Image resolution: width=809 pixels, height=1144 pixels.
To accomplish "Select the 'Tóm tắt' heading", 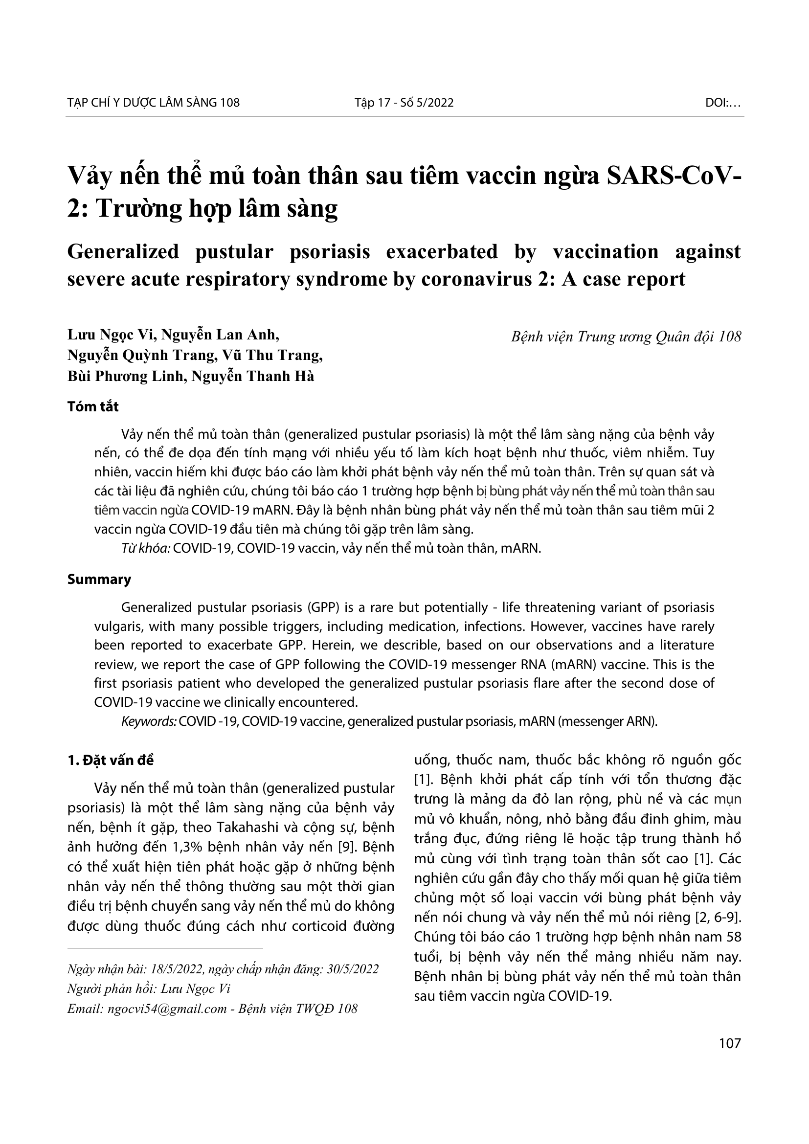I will [93, 406].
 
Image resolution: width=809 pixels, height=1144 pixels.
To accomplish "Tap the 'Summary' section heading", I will [99, 579].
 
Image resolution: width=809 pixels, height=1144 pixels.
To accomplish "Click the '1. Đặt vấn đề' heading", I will [111, 761].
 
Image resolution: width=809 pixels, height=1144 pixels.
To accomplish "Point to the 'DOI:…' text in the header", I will [723, 103].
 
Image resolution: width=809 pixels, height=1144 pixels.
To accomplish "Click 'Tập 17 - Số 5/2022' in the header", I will [404, 103].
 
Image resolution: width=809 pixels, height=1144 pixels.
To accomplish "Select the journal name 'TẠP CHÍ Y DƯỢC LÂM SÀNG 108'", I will [154, 103].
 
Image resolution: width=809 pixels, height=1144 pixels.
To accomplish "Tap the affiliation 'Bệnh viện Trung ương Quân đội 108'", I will [626, 337].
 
